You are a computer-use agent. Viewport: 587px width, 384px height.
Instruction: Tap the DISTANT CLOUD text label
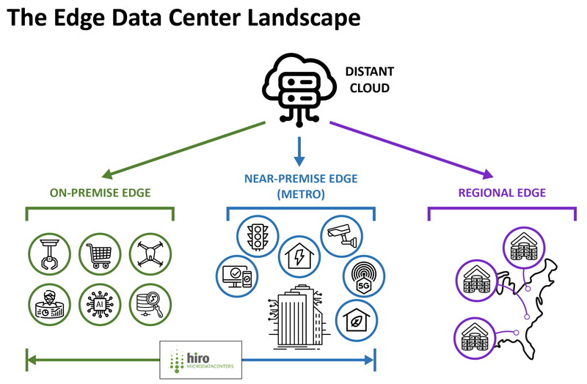[370, 80]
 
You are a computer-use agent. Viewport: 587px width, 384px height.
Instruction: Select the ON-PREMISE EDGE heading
[101, 193]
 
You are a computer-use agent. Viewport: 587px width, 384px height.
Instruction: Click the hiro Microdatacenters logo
[201, 359]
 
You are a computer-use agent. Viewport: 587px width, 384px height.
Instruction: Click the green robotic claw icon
[48, 254]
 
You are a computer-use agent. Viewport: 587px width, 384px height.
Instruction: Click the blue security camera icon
[342, 235]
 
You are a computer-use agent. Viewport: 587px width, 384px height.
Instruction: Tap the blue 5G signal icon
[362, 278]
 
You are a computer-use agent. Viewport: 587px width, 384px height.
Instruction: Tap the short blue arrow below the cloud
[298, 149]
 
